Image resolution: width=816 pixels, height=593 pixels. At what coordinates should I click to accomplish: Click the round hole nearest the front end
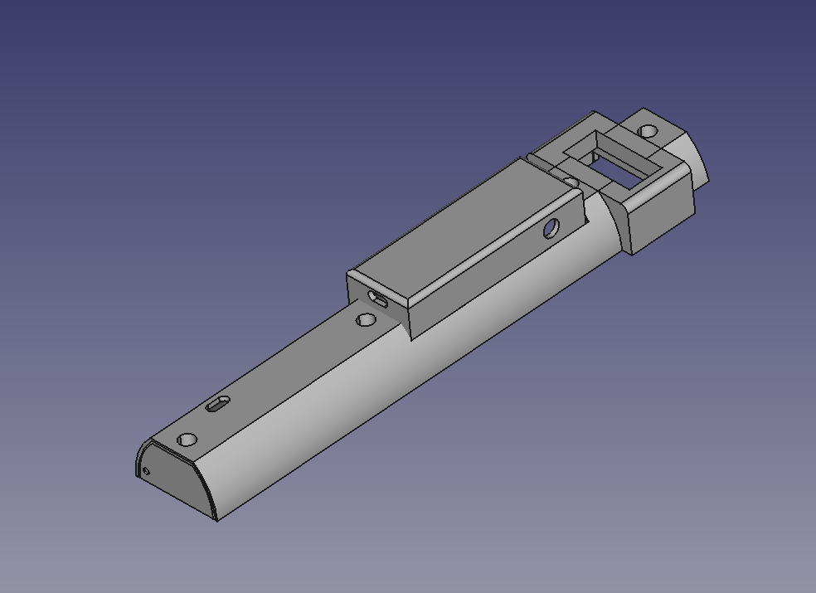click(187, 440)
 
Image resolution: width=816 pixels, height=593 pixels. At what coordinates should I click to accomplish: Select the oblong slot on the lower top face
click(218, 404)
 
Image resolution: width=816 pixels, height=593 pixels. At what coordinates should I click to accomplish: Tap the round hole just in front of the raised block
click(366, 319)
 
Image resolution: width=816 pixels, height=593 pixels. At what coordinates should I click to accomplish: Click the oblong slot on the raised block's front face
click(378, 300)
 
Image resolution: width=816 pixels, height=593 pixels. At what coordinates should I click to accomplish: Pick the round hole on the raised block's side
click(552, 227)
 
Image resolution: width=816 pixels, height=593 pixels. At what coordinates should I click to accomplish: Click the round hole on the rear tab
click(648, 131)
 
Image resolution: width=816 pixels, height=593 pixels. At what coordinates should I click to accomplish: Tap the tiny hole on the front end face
click(147, 472)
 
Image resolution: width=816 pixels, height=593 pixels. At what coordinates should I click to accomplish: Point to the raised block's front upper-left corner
click(350, 273)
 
